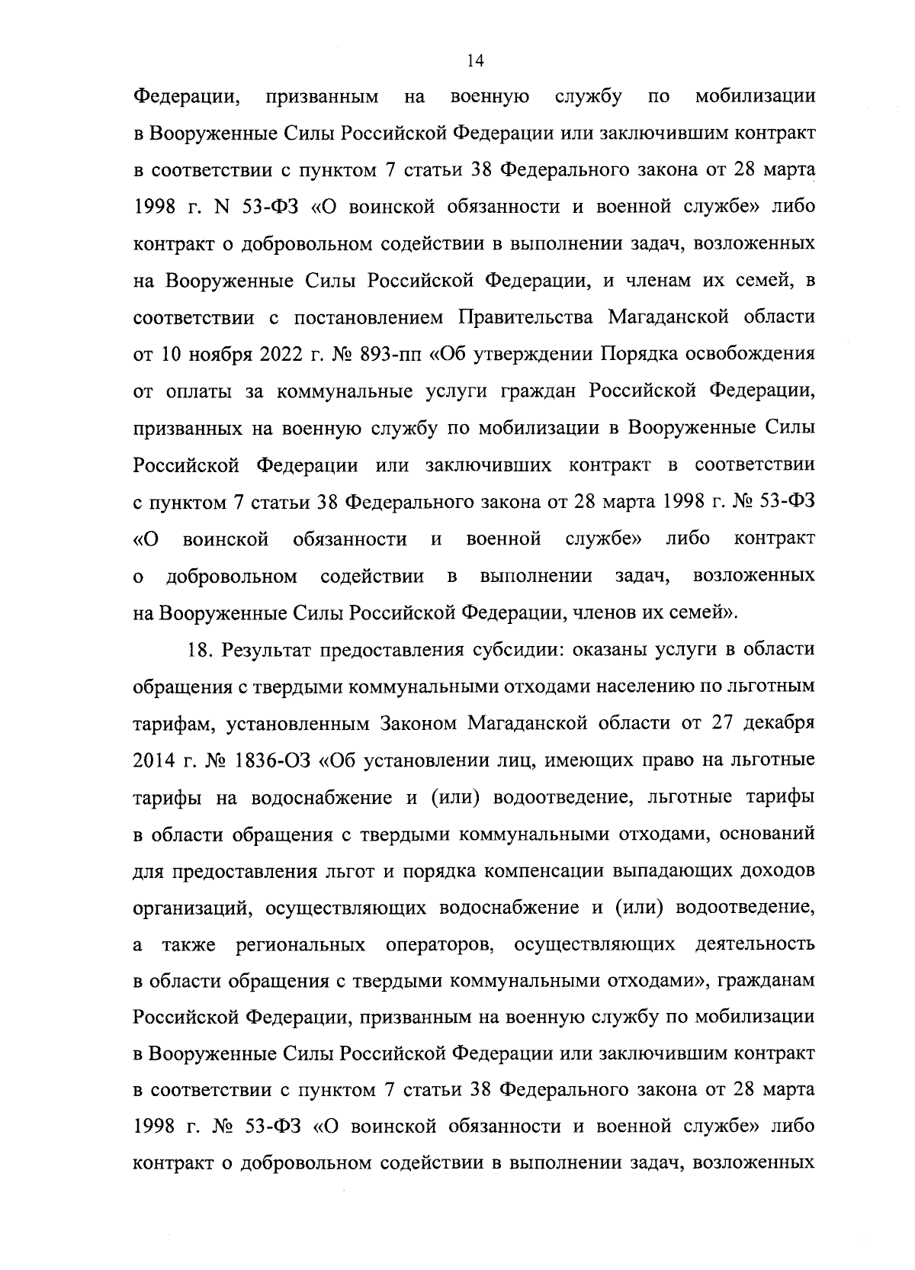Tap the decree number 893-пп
point(391,354)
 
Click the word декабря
point(775,723)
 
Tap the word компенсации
point(543,871)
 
